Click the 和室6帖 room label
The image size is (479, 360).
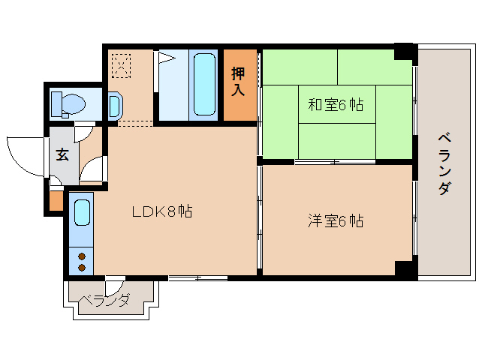336,105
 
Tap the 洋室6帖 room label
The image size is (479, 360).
336,221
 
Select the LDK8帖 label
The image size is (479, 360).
162,211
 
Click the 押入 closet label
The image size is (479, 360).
239,82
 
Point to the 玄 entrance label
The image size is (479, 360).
63,155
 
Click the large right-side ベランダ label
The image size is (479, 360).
444,163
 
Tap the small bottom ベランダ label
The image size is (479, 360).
105,301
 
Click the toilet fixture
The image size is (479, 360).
67,104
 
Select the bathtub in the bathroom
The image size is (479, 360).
203,83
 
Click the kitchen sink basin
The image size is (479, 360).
82,213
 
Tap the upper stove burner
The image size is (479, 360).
82,256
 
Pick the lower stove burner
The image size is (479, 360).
82,266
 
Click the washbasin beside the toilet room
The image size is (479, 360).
113,105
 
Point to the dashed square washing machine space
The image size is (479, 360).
121,64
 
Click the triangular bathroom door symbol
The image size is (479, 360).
164,57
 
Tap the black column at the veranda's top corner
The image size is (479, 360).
405,52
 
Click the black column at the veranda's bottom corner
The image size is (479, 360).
405,270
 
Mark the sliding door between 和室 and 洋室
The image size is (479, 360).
335,162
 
